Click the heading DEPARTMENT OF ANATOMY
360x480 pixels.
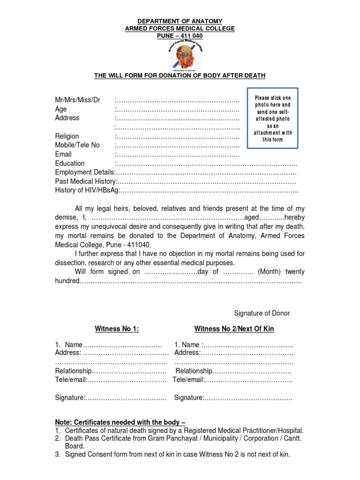[x=180, y=22]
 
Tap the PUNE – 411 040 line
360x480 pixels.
[x=180, y=36]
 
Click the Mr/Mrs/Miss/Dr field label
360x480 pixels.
[x=78, y=100]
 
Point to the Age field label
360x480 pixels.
[x=61, y=109]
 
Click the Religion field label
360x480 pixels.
[x=67, y=136]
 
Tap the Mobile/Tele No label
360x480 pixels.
[x=77, y=145]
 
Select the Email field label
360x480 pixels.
[x=63, y=154]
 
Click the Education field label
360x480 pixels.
[x=70, y=164]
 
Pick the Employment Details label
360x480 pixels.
[x=84, y=172]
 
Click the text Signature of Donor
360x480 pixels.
[x=262, y=313]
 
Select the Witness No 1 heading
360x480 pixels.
[x=117, y=329]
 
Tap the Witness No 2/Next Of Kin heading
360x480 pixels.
[x=234, y=329]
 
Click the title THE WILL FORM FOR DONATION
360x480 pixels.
[x=180, y=75]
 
